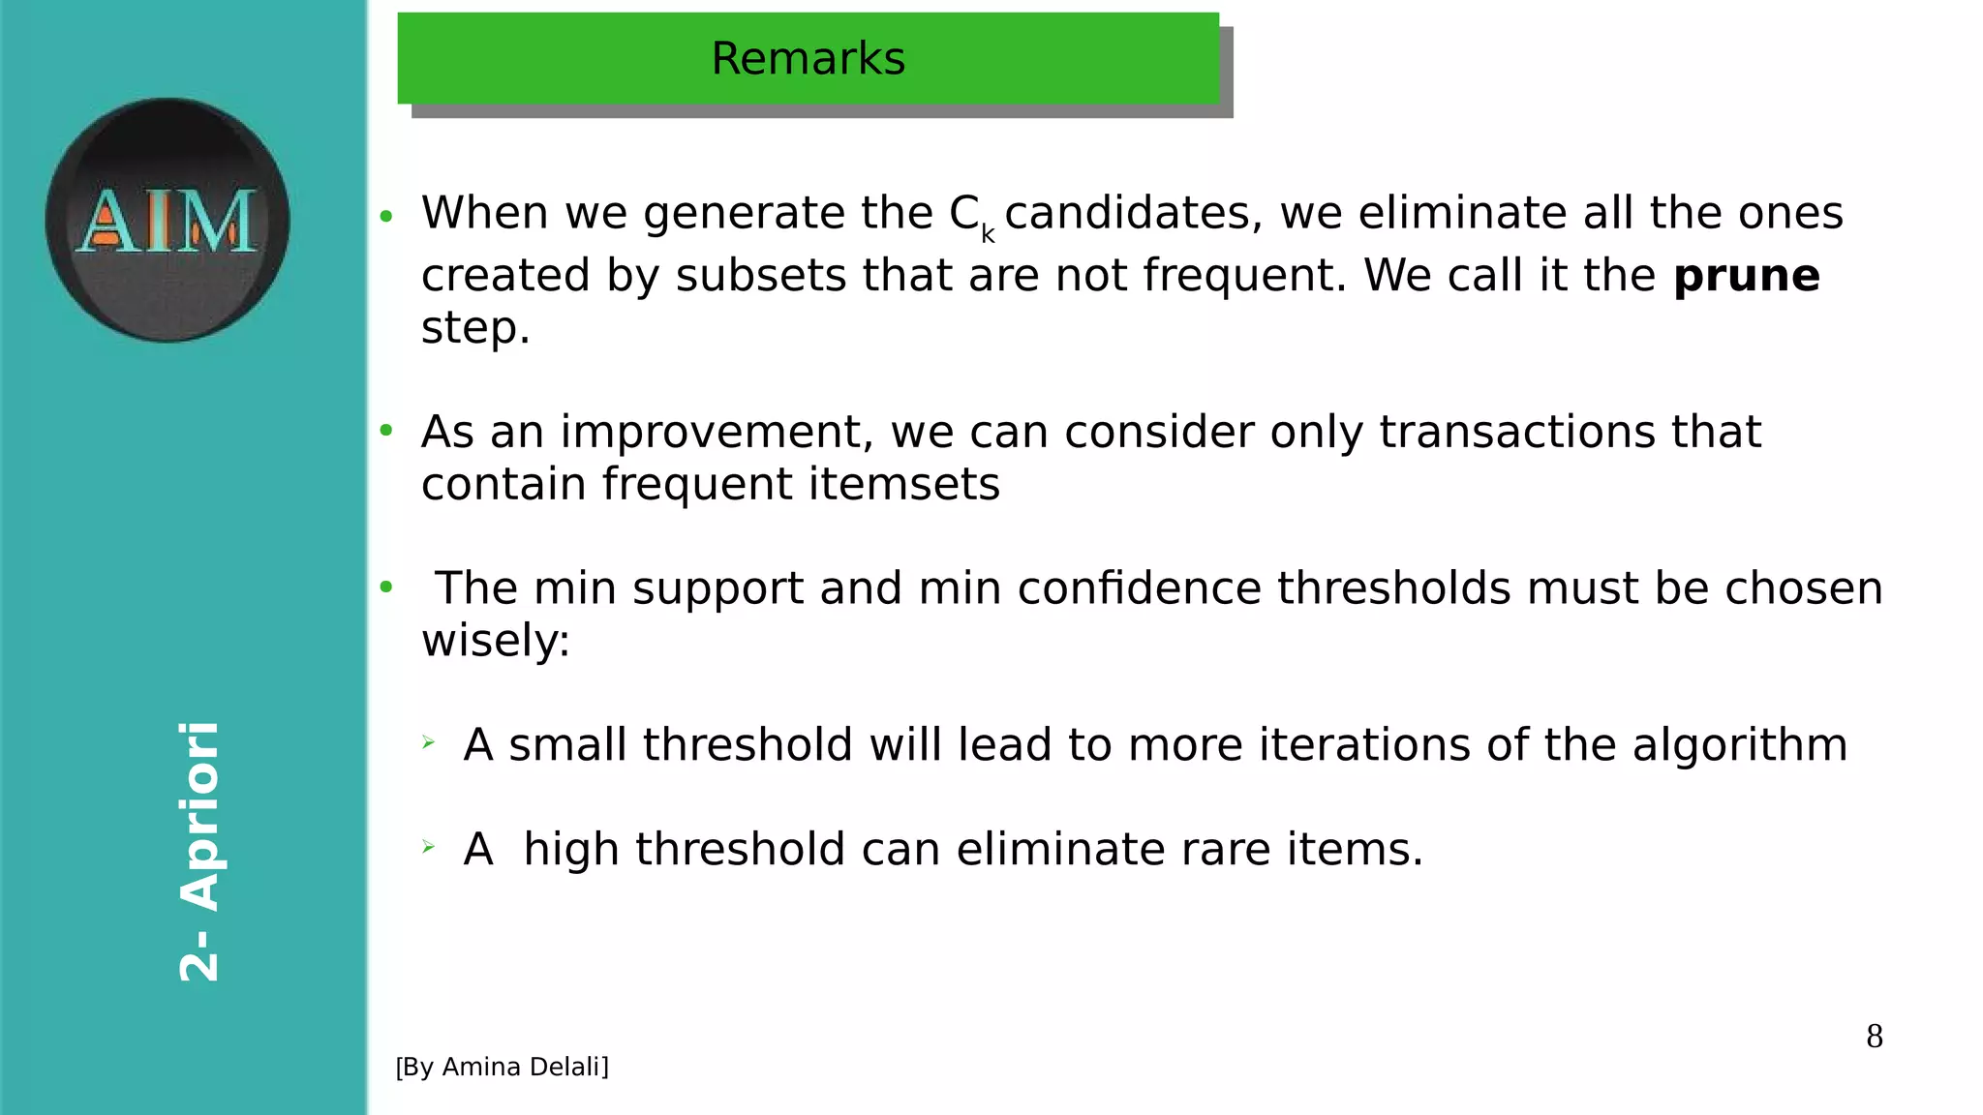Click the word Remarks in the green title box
(x=808, y=59)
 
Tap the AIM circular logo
(x=168, y=220)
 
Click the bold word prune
(x=1746, y=276)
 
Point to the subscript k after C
(x=988, y=234)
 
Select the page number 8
(x=1874, y=1037)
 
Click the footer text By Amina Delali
(x=502, y=1067)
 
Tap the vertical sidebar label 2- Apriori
(x=200, y=852)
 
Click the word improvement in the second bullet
(x=716, y=432)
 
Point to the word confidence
(x=1139, y=588)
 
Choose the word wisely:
(x=496, y=641)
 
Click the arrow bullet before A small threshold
(x=429, y=743)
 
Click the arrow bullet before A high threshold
(x=429, y=848)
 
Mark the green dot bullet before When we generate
(x=386, y=216)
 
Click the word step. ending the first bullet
(x=475, y=329)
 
